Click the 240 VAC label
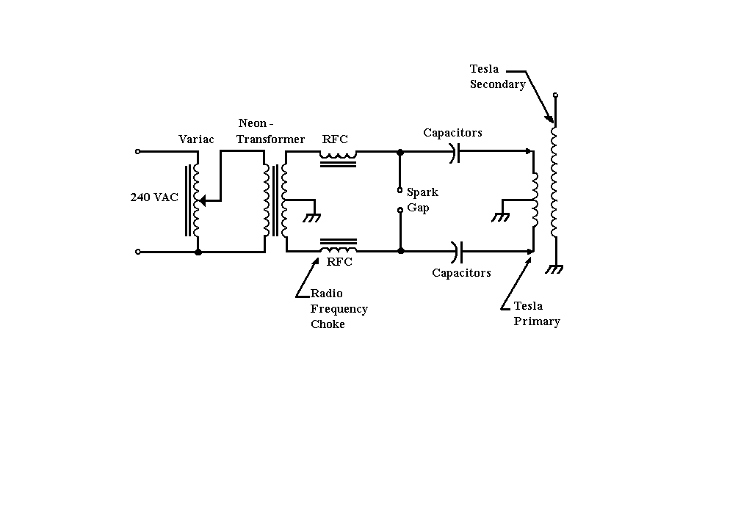(154, 197)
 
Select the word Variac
(196, 139)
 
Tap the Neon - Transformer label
(270, 131)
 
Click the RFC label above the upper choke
(335, 139)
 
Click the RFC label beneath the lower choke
(339, 261)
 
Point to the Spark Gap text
(422, 200)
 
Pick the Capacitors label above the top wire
(452, 133)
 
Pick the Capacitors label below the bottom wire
(461, 273)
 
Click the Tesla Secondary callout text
(497, 76)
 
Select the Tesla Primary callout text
(537, 313)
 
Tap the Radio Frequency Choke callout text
(339, 309)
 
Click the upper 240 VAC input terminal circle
(137, 152)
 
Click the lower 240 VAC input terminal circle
(137, 252)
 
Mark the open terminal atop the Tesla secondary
(555, 95)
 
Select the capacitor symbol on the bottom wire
(458, 252)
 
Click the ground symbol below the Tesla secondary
(555, 269)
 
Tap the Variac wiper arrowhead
(202, 199)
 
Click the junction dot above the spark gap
(400, 152)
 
